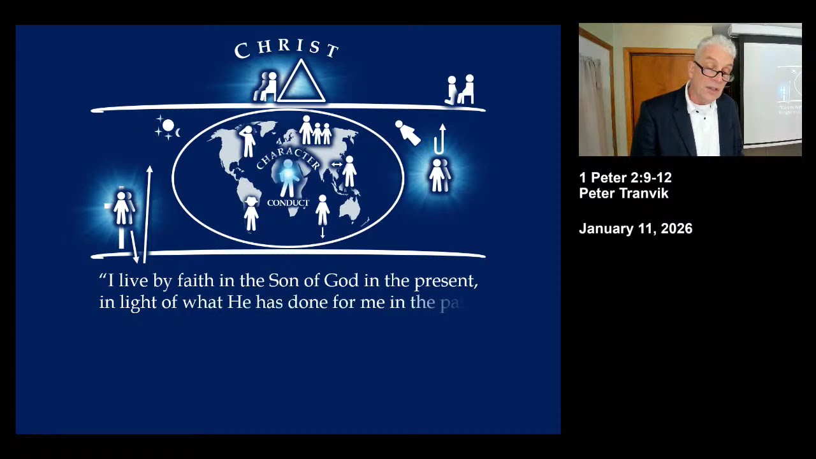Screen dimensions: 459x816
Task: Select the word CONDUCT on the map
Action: pyautogui.click(x=288, y=203)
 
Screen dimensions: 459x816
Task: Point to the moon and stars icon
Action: pyautogui.click(x=168, y=127)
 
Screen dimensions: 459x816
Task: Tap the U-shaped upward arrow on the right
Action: pyautogui.click(x=440, y=140)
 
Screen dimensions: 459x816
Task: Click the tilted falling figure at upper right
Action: pyautogui.click(x=407, y=133)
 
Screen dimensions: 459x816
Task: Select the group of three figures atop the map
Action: pyautogui.click(x=316, y=130)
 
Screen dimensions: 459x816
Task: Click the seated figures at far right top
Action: pyautogui.click(x=461, y=90)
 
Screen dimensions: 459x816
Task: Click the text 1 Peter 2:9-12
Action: pyautogui.click(x=625, y=178)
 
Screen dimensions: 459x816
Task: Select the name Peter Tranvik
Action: pyautogui.click(x=623, y=193)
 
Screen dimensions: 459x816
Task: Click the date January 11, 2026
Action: pyautogui.click(x=635, y=229)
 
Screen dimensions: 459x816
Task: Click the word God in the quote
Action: pyautogui.click(x=341, y=280)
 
